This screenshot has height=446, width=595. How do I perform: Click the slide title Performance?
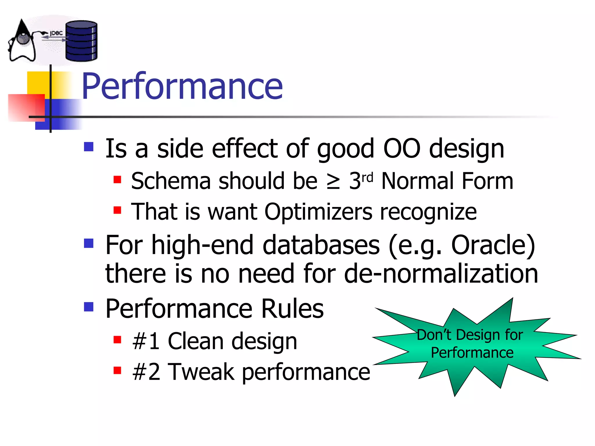coord(182,86)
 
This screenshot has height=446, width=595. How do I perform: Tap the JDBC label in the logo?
coord(56,33)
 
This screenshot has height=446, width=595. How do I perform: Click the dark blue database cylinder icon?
coord(81,41)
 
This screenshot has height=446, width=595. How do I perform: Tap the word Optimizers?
coord(318,212)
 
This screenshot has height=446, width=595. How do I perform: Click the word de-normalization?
coord(441,274)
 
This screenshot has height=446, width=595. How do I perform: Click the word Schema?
coord(171,181)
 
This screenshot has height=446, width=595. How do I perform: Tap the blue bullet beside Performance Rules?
coord(89,307)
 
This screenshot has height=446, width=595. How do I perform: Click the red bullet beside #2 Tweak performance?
coord(117,370)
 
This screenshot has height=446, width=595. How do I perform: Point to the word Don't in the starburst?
coord(434,335)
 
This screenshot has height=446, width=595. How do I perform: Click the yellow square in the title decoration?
coord(38,83)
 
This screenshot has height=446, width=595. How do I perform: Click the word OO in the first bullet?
coord(402,149)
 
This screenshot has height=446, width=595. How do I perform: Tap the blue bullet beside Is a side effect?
coord(89,147)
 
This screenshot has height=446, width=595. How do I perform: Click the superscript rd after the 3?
coord(367,177)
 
